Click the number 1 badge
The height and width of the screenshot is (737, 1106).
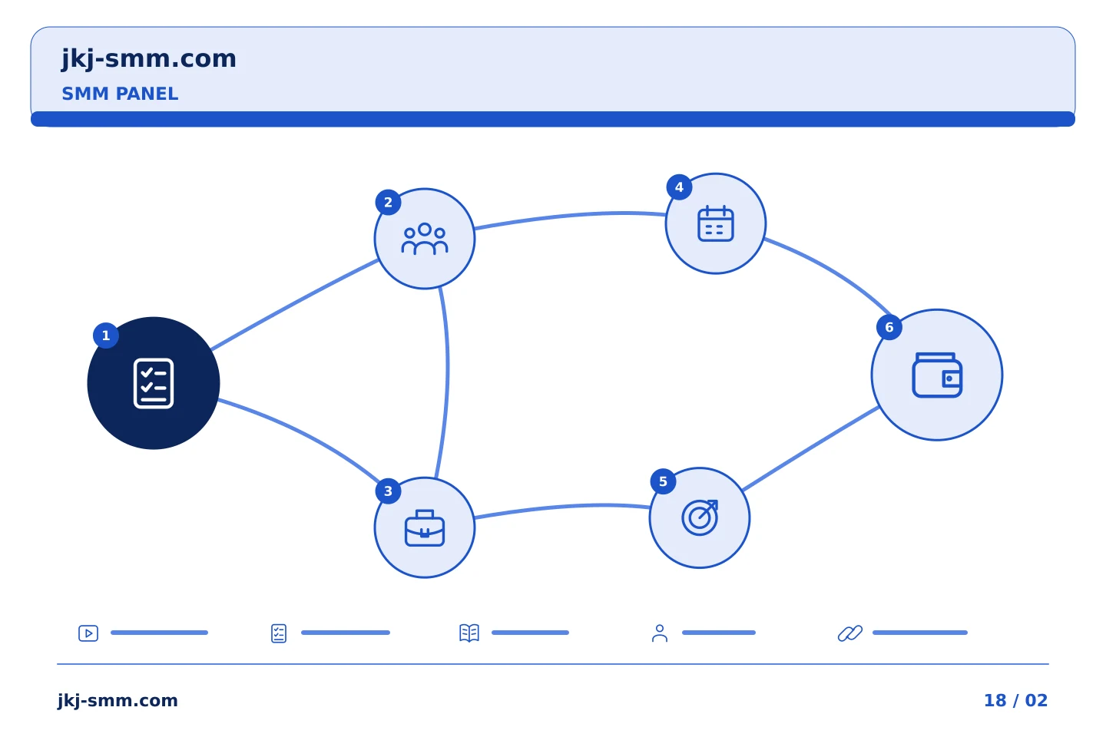coord(106,335)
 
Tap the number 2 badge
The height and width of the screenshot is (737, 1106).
coord(388,203)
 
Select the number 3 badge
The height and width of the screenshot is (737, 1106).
coord(388,491)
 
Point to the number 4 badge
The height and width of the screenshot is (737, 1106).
coord(680,187)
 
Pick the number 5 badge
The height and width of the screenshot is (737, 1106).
coord(663,481)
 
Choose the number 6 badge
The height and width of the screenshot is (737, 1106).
coord(889,327)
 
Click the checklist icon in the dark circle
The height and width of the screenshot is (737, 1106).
coord(154,384)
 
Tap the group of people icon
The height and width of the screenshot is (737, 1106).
coord(425,239)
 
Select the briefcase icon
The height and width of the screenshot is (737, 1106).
coord(425,527)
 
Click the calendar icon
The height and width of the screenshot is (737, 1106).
coord(716,223)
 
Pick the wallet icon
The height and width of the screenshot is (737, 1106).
coord(937,375)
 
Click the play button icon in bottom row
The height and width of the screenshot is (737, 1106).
coord(88,633)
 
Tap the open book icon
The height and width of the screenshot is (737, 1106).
coord(469,633)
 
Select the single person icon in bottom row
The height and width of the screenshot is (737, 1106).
coord(660,633)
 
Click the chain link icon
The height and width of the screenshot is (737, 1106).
coord(850,633)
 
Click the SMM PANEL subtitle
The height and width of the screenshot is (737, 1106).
coord(120,94)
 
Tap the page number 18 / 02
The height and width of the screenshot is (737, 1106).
coord(1015,700)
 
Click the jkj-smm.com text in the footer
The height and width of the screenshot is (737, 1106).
coord(118,701)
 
